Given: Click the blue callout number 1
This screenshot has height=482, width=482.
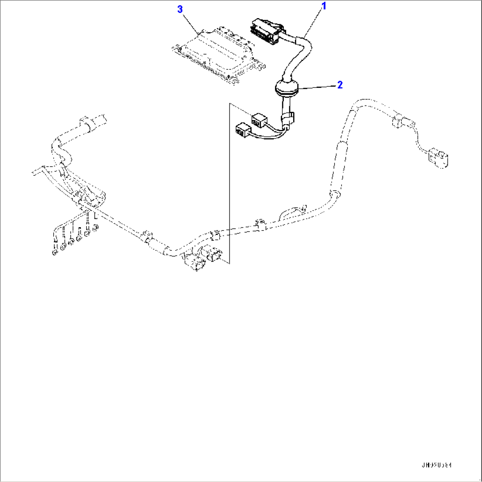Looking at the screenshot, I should (x=324, y=6).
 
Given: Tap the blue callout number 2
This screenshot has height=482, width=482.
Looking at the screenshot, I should (x=340, y=85).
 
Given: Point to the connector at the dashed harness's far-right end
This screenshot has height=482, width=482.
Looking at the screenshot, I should (x=438, y=158).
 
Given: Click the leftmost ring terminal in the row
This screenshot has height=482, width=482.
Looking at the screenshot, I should (x=54, y=252).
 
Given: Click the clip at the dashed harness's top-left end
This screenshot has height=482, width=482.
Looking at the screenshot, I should (x=87, y=123).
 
